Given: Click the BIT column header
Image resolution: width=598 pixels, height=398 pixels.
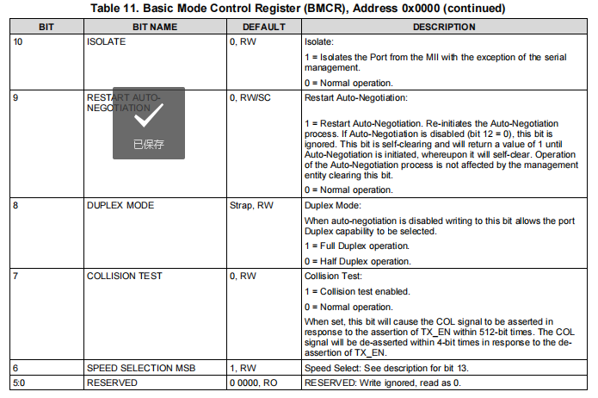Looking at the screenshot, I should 46,28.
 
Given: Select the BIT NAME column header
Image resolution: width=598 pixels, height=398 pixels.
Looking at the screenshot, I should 155,28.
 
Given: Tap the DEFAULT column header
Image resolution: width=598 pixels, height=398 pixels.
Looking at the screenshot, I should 263,28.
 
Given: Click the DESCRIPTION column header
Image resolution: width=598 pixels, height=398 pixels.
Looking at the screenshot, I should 443,28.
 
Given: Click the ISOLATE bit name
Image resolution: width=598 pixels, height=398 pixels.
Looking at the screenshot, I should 107,41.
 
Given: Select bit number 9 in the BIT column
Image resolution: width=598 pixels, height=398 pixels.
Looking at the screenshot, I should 16,97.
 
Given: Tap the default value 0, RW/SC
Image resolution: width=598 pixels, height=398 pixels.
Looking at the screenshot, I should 252,97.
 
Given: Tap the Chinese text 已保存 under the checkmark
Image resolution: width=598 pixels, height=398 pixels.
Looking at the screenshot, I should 148,144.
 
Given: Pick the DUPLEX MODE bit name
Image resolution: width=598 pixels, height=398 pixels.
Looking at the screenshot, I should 120,207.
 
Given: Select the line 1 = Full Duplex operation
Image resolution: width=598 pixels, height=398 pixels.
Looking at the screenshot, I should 358,246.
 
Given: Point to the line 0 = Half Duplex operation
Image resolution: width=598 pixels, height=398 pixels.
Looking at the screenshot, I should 358,261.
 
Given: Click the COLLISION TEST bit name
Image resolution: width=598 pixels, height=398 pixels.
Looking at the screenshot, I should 125,276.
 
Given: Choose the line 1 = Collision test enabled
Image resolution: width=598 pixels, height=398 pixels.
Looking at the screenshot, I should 357,291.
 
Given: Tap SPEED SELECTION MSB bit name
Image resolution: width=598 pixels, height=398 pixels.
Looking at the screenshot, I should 141,368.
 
